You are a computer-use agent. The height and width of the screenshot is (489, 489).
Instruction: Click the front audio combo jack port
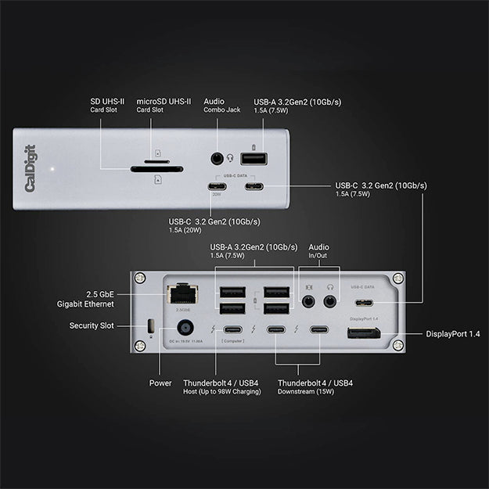[x=218, y=158]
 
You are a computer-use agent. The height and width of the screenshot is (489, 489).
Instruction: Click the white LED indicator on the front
[x=52, y=167]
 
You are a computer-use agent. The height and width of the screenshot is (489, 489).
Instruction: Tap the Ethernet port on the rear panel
[x=182, y=294]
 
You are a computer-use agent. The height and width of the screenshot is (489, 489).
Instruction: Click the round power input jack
[x=186, y=329]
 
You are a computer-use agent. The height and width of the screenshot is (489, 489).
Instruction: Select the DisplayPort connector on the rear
[x=365, y=336]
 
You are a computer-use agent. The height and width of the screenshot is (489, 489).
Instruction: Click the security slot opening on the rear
[x=151, y=325]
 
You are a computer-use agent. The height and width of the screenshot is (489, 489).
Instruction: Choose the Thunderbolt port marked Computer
[x=232, y=330]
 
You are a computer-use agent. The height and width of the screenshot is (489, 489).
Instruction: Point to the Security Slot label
[x=94, y=325]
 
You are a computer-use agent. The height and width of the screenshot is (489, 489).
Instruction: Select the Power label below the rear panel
[x=160, y=383]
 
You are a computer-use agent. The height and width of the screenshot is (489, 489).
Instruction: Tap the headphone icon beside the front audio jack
[x=230, y=158]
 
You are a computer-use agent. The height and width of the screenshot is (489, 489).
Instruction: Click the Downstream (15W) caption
[x=306, y=392]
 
